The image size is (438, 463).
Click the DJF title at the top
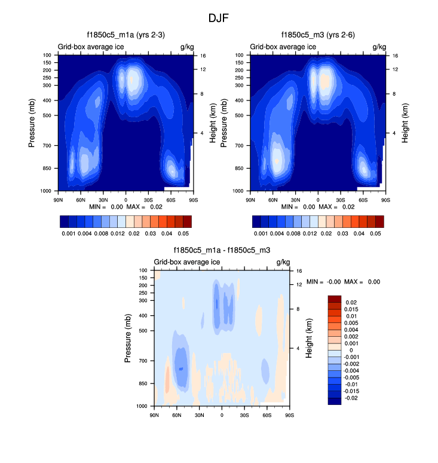point(218,18)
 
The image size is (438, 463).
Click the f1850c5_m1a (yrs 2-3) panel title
point(125,35)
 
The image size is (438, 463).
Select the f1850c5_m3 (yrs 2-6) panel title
point(317,35)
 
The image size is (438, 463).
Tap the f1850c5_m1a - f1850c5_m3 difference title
point(221,251)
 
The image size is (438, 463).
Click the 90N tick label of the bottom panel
point(155,415)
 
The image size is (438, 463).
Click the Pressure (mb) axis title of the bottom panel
point(128,338)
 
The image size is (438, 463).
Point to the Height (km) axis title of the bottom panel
point(309,338)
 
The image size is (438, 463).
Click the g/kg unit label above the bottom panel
point(282,262)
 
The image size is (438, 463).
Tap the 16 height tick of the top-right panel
point(395,55)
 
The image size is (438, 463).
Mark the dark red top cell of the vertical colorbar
point(335,298)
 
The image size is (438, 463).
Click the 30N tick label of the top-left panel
point(103,199)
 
